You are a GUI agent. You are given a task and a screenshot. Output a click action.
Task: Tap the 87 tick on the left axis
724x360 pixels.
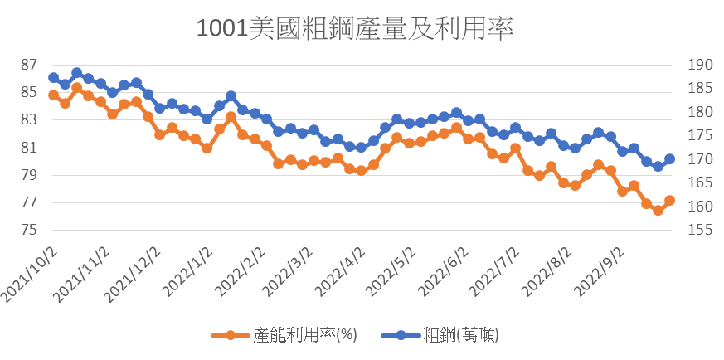click(29, 65)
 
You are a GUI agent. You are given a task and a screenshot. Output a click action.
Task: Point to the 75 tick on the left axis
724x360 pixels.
click(29, 230)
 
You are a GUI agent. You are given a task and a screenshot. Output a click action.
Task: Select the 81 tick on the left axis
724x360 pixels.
click(29, 148)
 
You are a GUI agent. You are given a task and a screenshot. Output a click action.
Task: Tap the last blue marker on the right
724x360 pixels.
click(670, 158)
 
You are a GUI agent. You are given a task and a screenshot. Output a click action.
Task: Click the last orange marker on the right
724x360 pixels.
click(670, 200)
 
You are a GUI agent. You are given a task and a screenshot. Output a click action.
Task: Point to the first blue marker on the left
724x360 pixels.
click(53, 77)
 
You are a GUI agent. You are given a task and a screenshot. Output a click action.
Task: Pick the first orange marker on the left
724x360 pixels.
click(53, 95)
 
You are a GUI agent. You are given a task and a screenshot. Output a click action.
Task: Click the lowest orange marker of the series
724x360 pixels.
click(658, 210)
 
